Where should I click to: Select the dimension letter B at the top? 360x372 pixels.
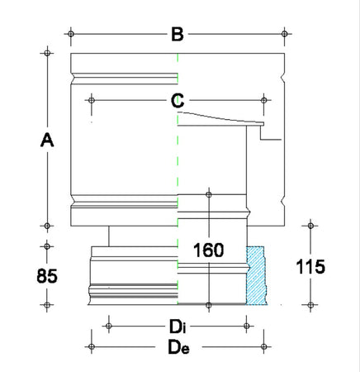click(x=176, y=34)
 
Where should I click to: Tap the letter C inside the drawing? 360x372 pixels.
click(x=177, y=101)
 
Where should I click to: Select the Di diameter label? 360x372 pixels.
click(x=178, y=328)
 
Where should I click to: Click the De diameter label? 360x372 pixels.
click(x=178, y=348)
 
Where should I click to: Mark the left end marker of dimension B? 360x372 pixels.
click(x=72, y=34)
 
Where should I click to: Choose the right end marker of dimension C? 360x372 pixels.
click(x=264, y=101)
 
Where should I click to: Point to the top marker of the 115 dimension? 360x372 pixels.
click(x=311, y=226)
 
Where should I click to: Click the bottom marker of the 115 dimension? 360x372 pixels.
click(x=311, y=304)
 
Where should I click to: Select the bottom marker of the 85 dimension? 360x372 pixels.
click(x=47, y=304)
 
